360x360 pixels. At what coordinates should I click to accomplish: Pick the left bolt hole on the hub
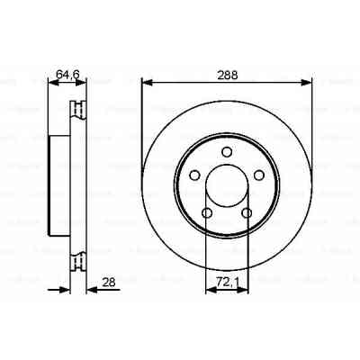pyautogui.click(x=193, y=175)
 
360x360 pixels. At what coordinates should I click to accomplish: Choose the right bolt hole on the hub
pyautogui.click(x=261, y=175)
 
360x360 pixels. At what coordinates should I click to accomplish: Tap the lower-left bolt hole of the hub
pyautogui.click(x=206, y=213)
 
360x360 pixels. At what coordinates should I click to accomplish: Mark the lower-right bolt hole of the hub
pyautogui.click(x=247, y=213)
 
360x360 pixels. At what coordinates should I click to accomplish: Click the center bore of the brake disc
pyautogui.click(x=227, y=185)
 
